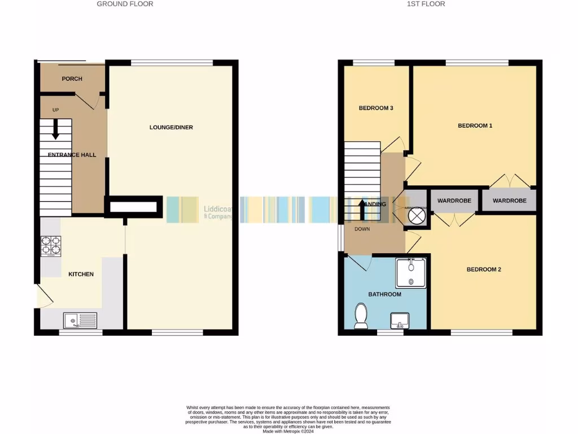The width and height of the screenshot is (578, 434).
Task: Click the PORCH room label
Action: pos(72,79)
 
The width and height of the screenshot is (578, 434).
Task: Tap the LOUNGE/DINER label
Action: pos(171,127)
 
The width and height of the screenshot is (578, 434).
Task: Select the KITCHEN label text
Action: pos(81,274)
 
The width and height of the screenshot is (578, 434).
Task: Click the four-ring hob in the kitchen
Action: pos(51,245)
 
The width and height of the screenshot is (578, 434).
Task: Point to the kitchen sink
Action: pos(80,321)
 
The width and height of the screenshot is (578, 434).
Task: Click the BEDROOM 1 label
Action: pos(475,125)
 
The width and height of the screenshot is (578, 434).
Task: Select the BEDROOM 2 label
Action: pos(484,270)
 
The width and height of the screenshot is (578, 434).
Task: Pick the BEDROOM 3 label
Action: pos(376,108)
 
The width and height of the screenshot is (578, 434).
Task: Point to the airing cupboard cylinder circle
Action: pos(417,215)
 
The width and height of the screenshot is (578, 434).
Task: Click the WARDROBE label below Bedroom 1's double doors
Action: pos(509,201)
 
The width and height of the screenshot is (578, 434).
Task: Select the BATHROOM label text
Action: pos(384,294)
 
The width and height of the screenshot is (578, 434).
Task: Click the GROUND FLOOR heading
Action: pos(125,4)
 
